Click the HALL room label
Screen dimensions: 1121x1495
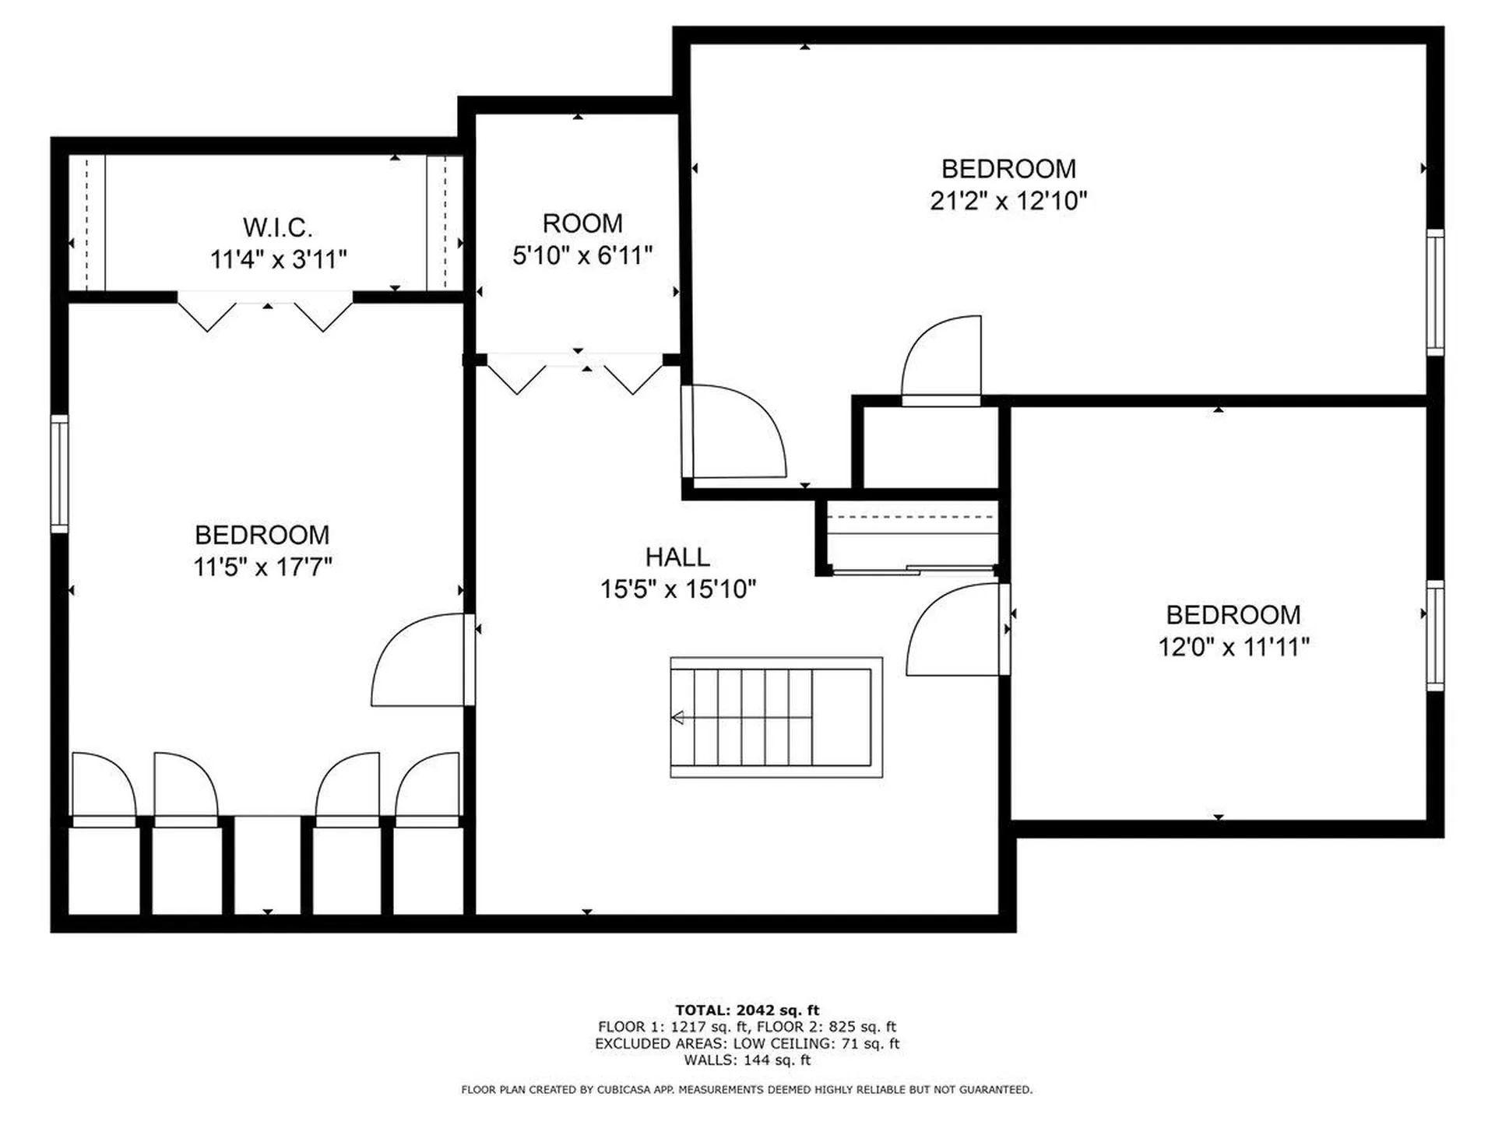(677, 557)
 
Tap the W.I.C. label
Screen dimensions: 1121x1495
(278, 228)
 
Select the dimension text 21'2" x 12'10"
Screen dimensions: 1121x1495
(1008, 201)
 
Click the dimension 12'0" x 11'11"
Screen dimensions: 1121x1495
(1233, 647)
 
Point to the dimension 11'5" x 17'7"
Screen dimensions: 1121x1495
(262, 567)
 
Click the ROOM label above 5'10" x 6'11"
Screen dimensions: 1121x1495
(582, 223)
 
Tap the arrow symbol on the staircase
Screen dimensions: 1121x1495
(678, 718)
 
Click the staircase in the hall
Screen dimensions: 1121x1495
(776, 717)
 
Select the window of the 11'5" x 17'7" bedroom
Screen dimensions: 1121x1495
(59, 473)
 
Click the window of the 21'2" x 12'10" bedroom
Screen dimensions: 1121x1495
(1435, 292)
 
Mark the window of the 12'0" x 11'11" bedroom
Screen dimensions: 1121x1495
(1435, 635)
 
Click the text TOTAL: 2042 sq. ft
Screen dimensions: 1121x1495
(747, 1010)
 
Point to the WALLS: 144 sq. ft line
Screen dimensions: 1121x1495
(747, 1060)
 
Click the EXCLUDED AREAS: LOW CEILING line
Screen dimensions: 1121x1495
(747, 1043)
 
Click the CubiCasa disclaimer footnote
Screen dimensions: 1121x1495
(747, 1090)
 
